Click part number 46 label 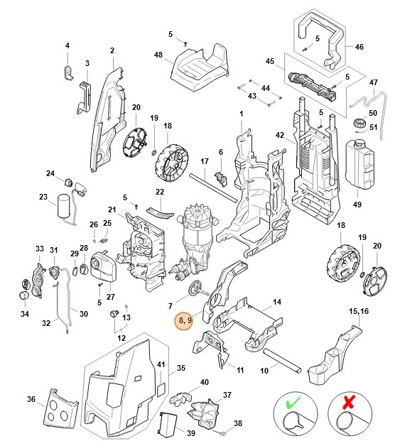pyautogui.click(x=359, y=47)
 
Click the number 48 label pyautogui.click(x=158, y=55)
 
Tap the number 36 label pyautogui.click(x=31, y=399)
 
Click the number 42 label pyautogui.click(x=280, y=136)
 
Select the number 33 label pyautogui.click(x=40, y=249)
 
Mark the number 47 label pyautogui.click(x=374, y=82)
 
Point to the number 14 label pyautogui.click(x=277, y=303)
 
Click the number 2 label pyautogui.click(x=112, y=50)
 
